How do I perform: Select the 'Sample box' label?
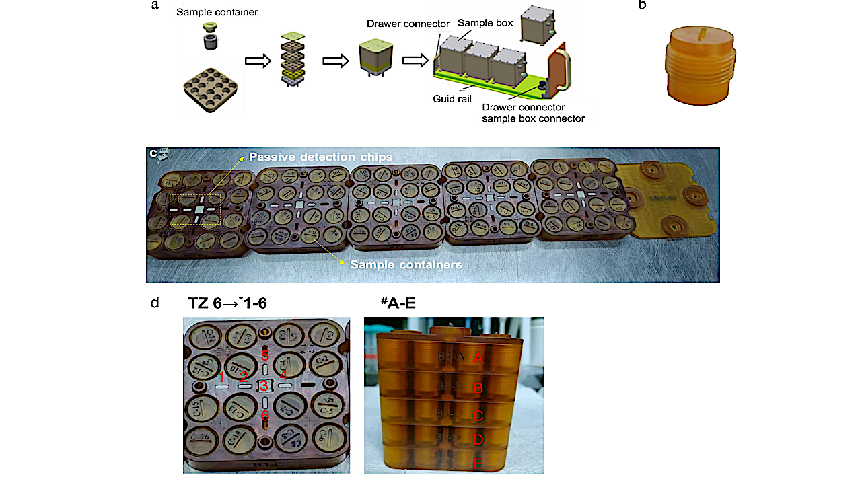coord(485,23)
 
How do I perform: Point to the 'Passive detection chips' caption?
coord(320,157)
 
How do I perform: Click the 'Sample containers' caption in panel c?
coord(406,264)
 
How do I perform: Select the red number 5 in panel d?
coord(265,355)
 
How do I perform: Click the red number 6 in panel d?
coord(265,416)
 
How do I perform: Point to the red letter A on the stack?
coord(478,358)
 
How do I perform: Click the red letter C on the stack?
coord(478,416)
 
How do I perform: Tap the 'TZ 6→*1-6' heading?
coord(227,303)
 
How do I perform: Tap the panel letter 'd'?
coord(155,303)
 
